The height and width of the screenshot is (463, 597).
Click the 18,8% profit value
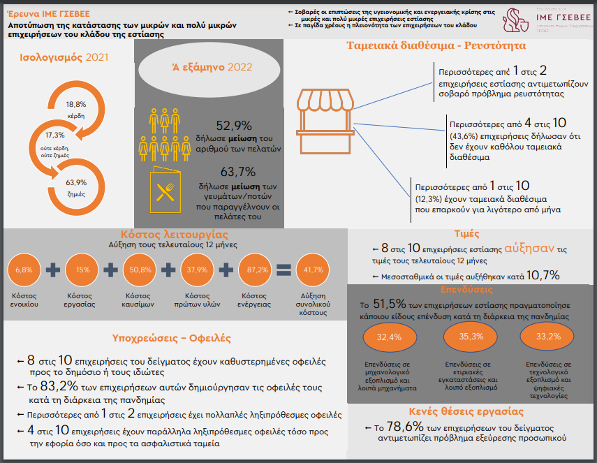(x=76, y=104)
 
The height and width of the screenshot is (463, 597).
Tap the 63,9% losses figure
(x=76, y=183)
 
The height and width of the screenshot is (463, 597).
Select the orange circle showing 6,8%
(x=24, y=270)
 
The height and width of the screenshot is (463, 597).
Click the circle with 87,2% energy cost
(x=255, y=270)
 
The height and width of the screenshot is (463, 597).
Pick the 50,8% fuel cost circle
(x=140, y=270)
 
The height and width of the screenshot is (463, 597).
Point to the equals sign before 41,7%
(x=283, y=270)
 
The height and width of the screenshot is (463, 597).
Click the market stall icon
(x=325, y=122)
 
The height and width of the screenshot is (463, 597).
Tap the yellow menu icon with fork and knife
(x=165, y=189)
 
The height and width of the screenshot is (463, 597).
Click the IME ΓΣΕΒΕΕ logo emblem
(x=515, y=20)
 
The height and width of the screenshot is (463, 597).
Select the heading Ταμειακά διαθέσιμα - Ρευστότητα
(x=436, y=45)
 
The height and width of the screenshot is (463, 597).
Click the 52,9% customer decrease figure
(x=234, y=126)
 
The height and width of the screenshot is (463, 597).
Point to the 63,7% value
(x=238, y=172)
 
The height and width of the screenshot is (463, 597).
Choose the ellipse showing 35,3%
(x=471, y=337)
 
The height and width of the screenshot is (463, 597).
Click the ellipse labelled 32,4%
(x=390, y=337)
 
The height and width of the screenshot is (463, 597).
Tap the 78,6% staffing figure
(x=405, y=426)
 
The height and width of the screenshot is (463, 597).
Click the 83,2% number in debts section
(x=59, y=386)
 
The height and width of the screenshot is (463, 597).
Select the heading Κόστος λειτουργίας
(x=175, y=234)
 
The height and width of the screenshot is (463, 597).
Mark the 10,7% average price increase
(x=543, y=275)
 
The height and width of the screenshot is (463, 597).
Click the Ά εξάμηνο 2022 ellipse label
(x=212, y=68)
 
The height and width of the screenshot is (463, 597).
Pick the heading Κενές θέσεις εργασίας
(x=466, y=411)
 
